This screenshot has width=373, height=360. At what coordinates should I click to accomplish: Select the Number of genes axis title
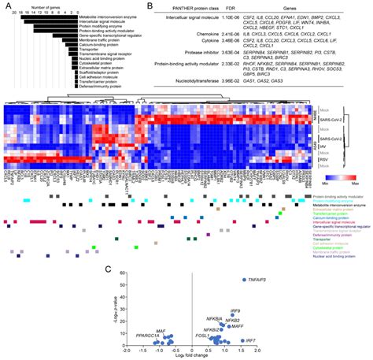click(x=47, y=6)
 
